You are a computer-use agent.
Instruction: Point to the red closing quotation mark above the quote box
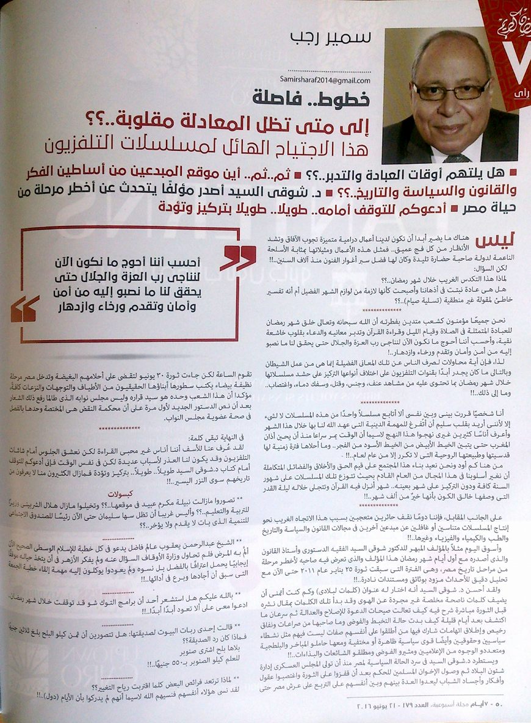[x=239, y=258]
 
